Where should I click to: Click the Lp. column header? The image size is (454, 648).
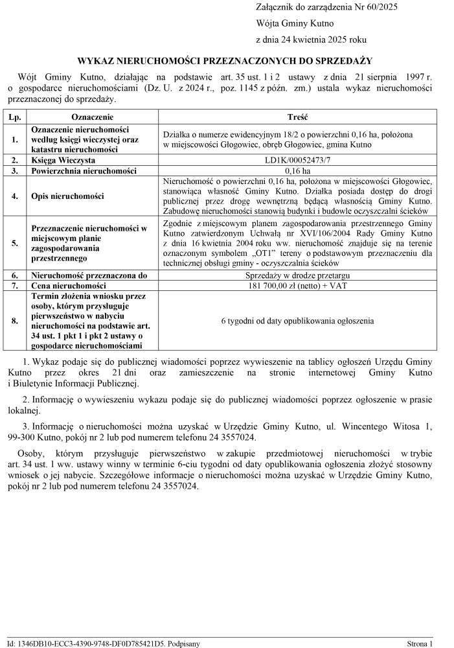click(x=14, y=117)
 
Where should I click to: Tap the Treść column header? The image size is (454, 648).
click(x=297, y=117)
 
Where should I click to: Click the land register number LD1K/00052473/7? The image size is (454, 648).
click(x=297, y=159)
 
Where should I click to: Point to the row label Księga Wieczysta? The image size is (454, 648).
click(x=63, y=159)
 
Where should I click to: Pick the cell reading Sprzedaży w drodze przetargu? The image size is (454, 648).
click(x=297, y=275)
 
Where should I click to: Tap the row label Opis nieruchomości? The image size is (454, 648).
click(x=67, y=196)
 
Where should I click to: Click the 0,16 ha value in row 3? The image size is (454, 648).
click(x=297, y=170)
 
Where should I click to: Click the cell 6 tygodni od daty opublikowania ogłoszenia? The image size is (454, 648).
click(x=297, y=321)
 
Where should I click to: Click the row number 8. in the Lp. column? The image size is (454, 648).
click(x=14, y=321)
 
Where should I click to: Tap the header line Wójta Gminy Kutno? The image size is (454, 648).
click(x=295, y=23)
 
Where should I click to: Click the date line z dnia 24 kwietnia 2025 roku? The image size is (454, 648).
click(x=311, y=40)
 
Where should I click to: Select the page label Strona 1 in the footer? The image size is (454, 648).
click(x=419, y=643)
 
